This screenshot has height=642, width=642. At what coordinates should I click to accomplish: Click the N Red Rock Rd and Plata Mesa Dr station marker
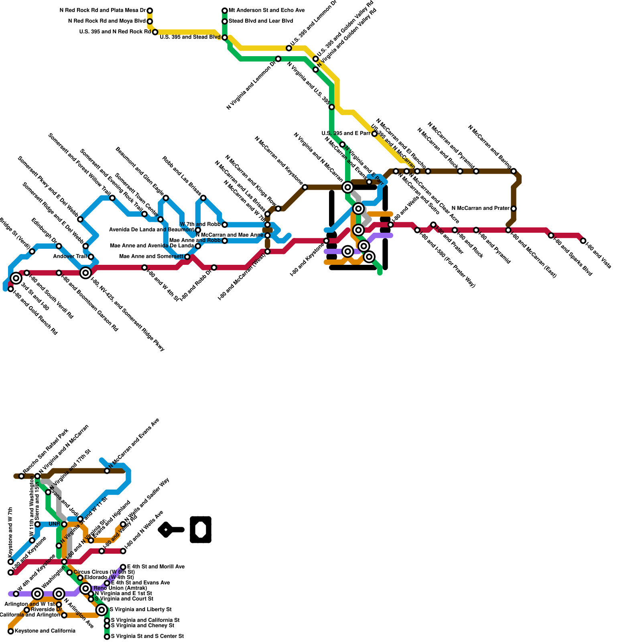click(x=150, y=10)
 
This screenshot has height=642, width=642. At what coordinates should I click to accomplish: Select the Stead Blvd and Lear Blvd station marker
click(x=225, y=21)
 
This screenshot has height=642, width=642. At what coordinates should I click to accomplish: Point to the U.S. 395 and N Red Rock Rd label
click(x=115, y=32)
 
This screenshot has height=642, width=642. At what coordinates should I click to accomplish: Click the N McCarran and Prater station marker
click(x=514, y=209)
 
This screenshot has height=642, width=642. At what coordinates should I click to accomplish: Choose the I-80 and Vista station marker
click(x=583, y=241)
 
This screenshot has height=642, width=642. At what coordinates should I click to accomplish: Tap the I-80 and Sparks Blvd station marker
click(x=551, y=236)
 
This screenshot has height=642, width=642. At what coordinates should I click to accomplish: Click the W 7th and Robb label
click(x=200, y=224)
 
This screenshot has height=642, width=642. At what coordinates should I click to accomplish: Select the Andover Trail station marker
click(x=91, y=257)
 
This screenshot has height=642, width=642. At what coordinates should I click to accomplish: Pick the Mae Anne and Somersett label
click(x=151, y=256)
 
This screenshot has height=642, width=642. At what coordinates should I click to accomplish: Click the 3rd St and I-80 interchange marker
click(x=16, y=278)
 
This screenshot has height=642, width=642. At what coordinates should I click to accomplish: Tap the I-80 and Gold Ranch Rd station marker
click(x=11, y=289)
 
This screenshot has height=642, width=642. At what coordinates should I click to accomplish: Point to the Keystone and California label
click(x=45, y=631)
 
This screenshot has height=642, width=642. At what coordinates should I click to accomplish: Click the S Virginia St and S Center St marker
click(x=107, y=637)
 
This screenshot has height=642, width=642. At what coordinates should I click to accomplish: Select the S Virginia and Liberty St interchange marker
click(x=102, y=610)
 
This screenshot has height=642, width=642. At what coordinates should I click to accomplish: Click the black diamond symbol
click(x=165, y=530)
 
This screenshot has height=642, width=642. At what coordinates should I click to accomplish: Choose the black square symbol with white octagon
click(x=201, y=530)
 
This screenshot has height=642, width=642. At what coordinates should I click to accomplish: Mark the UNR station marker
click(x=64, y=524)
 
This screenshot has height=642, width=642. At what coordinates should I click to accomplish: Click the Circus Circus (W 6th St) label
click(x=104, y=572)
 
